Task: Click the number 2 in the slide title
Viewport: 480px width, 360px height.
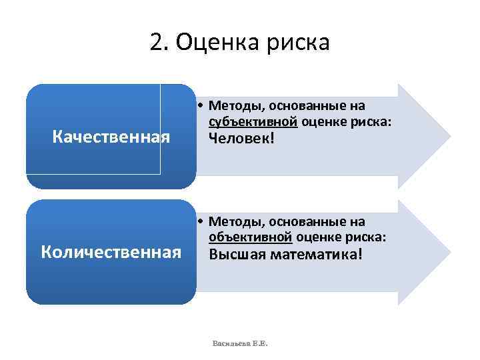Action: click(157, 43)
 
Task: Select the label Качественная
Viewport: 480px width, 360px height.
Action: click(111, 137)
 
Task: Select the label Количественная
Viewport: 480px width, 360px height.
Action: click(111, 252)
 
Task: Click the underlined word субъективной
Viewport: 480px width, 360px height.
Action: click(253, 121)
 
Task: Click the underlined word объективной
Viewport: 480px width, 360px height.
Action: click(251, 237)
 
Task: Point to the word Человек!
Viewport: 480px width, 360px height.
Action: click(241, 139)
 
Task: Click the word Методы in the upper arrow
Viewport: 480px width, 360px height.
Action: click(230, 105)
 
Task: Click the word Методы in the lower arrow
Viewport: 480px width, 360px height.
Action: click(230, 221)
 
